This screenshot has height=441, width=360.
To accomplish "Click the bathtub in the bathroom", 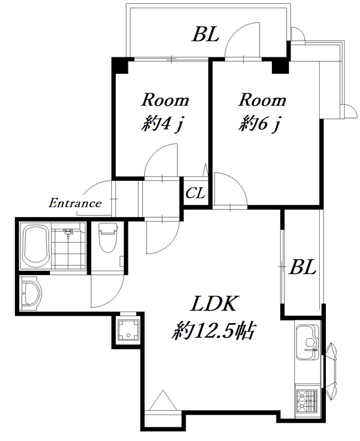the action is (36, 245).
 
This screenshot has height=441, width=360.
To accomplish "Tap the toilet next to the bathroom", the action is (108, 238).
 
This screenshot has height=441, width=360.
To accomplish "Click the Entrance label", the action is (75, 203).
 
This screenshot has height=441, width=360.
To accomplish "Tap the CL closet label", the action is (195, 193).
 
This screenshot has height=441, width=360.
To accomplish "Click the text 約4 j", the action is (162, 123).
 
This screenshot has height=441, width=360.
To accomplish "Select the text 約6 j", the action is (260, 123).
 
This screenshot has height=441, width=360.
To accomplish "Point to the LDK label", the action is (214, 303).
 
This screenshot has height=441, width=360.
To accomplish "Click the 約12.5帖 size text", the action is (213, 330).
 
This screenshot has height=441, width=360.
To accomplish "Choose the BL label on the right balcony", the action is (303, 267).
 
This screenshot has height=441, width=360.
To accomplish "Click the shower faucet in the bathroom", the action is (68, 232).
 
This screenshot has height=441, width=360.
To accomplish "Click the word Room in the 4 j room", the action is (165, 100).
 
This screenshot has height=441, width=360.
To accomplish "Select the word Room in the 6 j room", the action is (262, 100).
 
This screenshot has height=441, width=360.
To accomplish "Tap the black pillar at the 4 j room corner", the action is (120, 65).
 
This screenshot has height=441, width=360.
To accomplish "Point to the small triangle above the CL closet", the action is (205, 170).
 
